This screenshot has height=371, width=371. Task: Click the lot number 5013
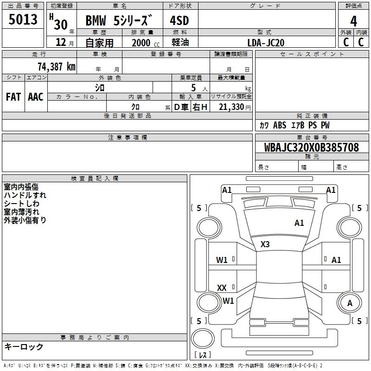(23, 19)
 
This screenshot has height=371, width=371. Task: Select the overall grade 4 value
(353, 21)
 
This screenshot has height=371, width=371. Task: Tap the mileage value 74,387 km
(57, 66)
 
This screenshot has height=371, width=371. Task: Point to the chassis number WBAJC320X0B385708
(311, 147)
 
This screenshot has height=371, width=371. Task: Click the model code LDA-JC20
(266, 43)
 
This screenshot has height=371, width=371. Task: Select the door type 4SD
(179, 20)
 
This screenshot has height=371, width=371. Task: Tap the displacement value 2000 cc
(146, 43)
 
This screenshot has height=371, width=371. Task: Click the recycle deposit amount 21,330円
(235, 107)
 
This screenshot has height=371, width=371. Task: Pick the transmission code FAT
(13, 97)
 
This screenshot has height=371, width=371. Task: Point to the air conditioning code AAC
(36, 97)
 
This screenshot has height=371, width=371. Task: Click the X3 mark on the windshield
(265, 244)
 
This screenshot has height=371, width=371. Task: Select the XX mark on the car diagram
(222, 288)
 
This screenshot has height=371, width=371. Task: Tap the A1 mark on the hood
(299, 223)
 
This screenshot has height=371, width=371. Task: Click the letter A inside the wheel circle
(350, 303)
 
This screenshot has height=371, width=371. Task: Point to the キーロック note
(24, 346)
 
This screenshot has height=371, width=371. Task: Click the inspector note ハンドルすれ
(25, 195)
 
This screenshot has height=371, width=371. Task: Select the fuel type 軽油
(180, 42)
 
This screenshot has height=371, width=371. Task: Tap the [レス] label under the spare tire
(203, 355)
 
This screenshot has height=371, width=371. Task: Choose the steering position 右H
(200, 107)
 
